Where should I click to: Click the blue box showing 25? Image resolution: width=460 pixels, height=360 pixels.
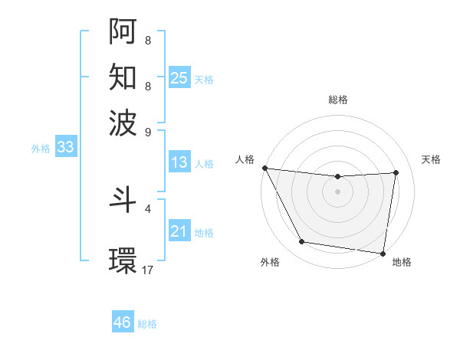pos(179,77)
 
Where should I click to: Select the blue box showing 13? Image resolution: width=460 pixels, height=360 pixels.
pos(179,162)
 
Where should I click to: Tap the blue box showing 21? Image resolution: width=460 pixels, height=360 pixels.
pos(179,231)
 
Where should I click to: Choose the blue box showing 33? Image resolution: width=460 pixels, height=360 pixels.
pos(64,148)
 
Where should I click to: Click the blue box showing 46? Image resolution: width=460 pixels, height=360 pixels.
pos(123,322)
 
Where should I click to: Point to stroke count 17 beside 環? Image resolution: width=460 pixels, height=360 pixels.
pos(148,270)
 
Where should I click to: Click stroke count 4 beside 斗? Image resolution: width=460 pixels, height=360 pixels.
pos(148,208)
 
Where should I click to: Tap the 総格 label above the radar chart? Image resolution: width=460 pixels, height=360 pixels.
pos(338,100)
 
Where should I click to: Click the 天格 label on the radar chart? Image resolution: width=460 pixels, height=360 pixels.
pos(431,159)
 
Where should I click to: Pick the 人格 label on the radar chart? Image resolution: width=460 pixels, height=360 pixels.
pos(245,159)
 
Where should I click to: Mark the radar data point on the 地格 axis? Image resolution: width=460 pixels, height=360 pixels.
pos(383,253)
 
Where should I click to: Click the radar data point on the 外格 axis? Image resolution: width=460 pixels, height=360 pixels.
pos(301,242)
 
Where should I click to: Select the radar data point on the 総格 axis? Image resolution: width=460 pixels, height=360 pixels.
pos(338,177)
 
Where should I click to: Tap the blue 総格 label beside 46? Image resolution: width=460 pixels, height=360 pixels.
pos(147,324)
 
